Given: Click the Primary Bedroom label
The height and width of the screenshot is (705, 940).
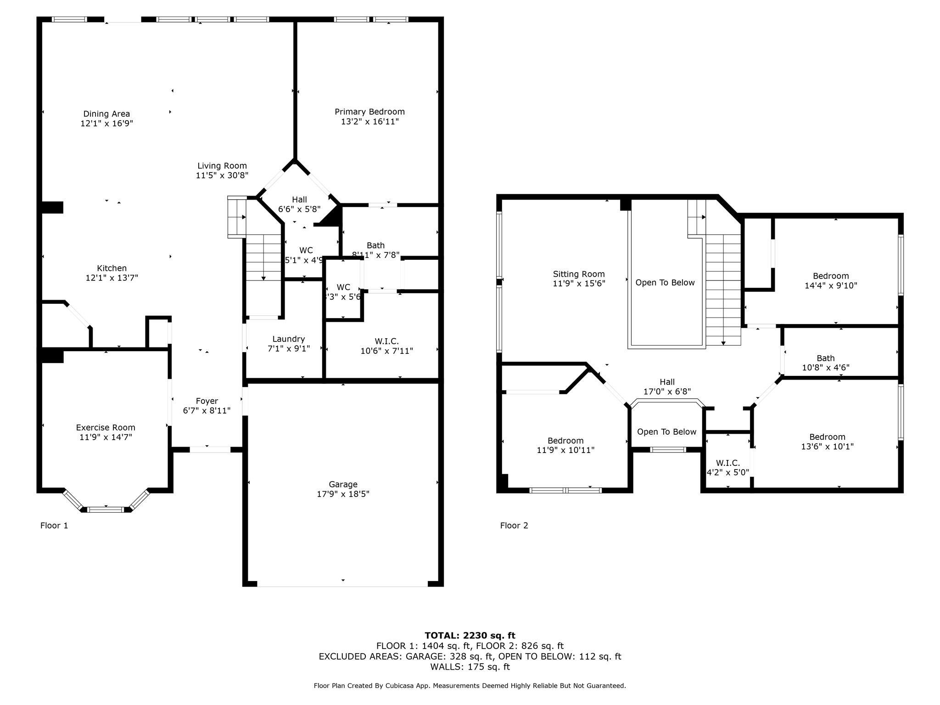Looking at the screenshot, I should coord(369,112).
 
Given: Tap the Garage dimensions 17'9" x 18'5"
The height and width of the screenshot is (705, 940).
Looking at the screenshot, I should coord(343,494).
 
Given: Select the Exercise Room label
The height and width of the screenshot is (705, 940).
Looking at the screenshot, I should coord(106,427).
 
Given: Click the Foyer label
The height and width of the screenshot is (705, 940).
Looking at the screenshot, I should coord(207,401).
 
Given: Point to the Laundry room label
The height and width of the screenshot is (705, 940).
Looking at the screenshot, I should coord(288,339).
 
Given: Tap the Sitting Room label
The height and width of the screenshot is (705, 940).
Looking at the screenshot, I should coord(578,274).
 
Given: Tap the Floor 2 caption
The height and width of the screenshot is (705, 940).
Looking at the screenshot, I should coord(514,526).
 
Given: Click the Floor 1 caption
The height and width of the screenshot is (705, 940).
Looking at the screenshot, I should coord(54,526).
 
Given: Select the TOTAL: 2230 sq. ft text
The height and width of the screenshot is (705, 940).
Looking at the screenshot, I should coord(470,635).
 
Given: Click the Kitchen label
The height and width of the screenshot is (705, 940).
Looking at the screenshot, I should coord(112,268).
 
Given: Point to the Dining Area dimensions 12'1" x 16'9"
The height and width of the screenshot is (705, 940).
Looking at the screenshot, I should coord(106,123).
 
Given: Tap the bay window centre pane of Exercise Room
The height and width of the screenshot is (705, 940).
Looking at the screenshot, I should coord(106,509).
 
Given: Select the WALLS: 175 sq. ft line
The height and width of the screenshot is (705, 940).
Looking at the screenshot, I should coord(470,666).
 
